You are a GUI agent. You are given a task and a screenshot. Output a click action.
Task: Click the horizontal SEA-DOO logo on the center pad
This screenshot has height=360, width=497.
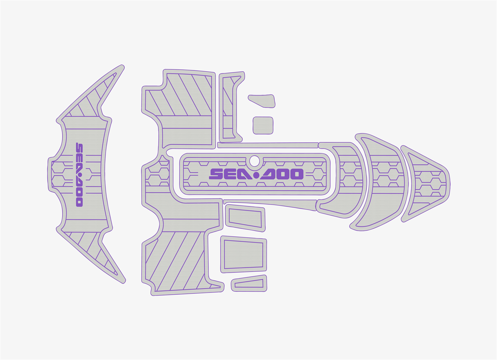(256, 174)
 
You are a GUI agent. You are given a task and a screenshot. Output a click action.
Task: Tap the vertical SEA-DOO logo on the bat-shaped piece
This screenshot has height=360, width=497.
(80, 175)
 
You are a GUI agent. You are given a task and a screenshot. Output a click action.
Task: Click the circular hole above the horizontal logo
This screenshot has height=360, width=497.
(254, 161)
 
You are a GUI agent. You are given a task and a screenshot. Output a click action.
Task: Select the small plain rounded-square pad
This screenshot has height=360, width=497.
(263, 126)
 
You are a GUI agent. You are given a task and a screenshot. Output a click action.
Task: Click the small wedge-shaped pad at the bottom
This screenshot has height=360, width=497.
(249, 283)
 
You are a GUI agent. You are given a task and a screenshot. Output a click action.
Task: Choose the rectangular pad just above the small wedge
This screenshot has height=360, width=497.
(243, 255)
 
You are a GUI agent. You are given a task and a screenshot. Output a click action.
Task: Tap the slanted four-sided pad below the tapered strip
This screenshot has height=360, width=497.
(245, 218)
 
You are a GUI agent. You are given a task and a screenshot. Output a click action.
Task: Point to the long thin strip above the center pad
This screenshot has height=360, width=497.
(268, 145)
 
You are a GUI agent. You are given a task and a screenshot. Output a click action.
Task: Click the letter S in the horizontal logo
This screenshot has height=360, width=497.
(216, 174)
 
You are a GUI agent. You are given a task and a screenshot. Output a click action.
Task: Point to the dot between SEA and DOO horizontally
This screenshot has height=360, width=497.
(256, 175)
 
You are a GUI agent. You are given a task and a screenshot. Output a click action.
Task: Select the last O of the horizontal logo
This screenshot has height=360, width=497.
(297, 174)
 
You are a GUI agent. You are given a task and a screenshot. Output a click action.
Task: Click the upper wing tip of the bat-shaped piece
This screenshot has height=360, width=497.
(122, 66)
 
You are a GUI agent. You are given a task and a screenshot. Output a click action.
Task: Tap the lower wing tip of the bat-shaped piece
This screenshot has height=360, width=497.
(124, 282)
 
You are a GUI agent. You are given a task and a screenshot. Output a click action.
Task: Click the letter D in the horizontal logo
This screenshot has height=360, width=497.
(268, 174)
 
